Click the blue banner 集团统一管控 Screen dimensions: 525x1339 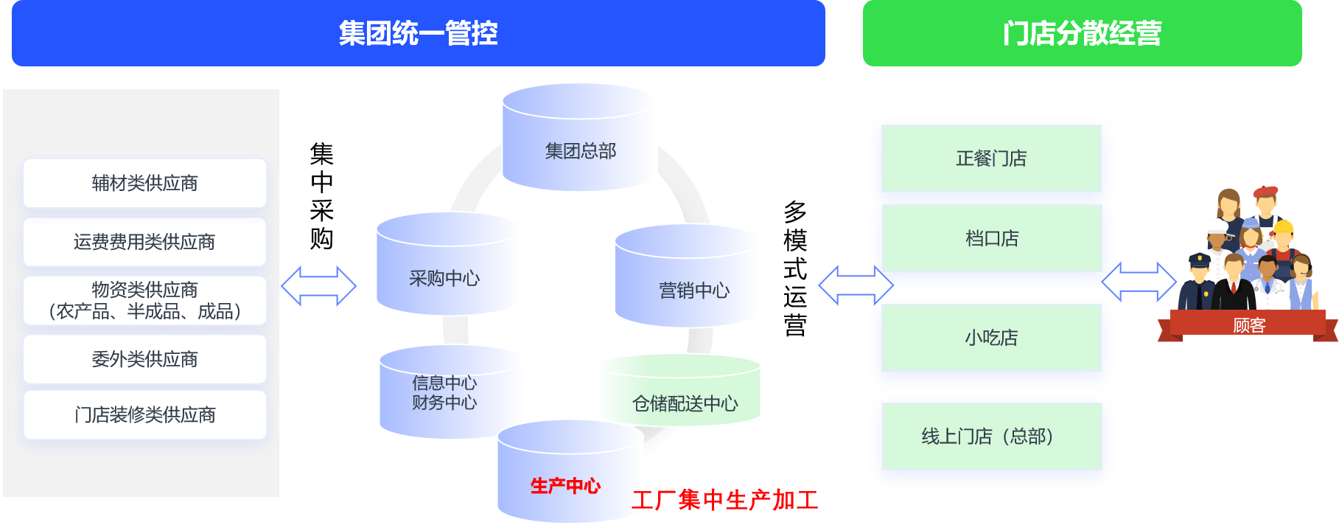coord(418,33)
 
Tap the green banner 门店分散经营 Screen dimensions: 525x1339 coord(1082,33)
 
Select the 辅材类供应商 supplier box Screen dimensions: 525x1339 coord(144,183)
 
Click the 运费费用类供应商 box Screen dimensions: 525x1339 coord(144,242)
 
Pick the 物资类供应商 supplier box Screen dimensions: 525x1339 coord(144,301)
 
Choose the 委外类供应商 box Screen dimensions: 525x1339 coord(144,359)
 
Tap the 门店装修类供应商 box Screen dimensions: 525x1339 coord(144,415)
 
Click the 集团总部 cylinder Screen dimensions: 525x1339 coord(580,150)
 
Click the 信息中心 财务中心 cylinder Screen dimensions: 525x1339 coord(444,393)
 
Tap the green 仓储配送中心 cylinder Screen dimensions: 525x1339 coord(685,402)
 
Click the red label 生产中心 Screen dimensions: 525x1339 coord(565,486)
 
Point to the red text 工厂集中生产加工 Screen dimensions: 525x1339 coord(725,500)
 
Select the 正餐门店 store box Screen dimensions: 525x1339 coord(991,159)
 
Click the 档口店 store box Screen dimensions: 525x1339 coord(991,238)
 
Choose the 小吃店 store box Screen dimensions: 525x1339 coord(991,338)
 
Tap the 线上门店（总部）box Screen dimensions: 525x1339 coord(991,437)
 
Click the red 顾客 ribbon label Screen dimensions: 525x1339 coord(1249,325)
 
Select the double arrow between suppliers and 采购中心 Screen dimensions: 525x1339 coord(318,286)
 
